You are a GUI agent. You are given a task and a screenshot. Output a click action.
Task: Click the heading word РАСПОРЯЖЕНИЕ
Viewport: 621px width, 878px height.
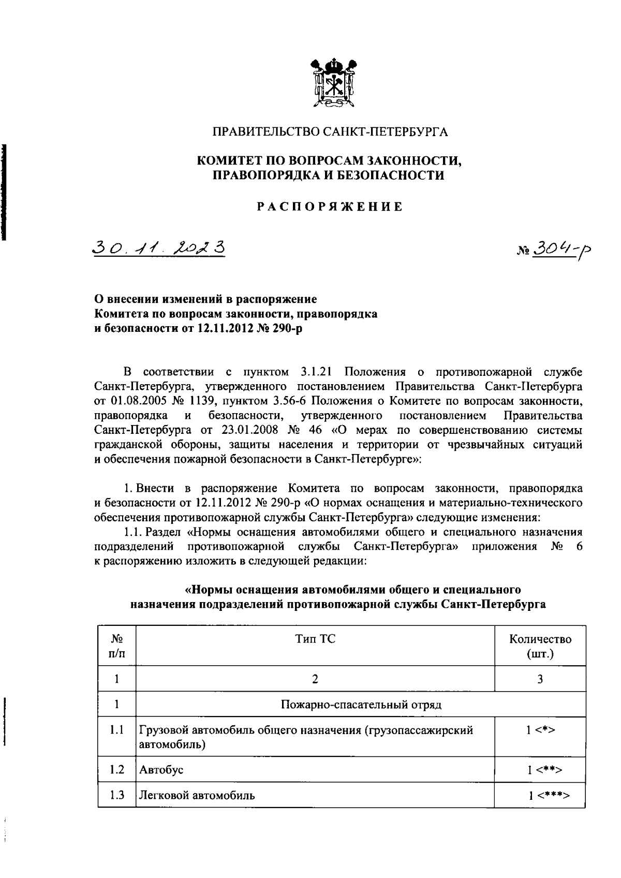[331, 207]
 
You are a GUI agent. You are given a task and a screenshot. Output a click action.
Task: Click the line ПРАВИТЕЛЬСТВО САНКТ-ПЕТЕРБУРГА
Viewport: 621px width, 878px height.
[331, 132]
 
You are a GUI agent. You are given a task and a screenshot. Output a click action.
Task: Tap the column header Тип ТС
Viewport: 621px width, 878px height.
[315, 639]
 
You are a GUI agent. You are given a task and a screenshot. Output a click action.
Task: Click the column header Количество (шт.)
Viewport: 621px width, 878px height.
[540, 646]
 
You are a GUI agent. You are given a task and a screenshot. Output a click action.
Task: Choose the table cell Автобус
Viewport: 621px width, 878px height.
[161, 770]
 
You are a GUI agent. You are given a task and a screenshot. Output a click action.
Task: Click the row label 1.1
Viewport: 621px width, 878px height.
[117, 730]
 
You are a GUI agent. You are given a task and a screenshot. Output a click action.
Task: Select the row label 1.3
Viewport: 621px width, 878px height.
[117, 795]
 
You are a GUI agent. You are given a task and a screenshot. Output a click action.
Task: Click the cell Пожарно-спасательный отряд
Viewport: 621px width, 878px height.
[360, 705]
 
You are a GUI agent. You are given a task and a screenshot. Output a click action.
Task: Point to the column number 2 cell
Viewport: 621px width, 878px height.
[315, 679]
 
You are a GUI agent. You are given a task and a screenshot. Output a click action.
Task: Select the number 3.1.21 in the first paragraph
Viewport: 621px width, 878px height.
[317, 371]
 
